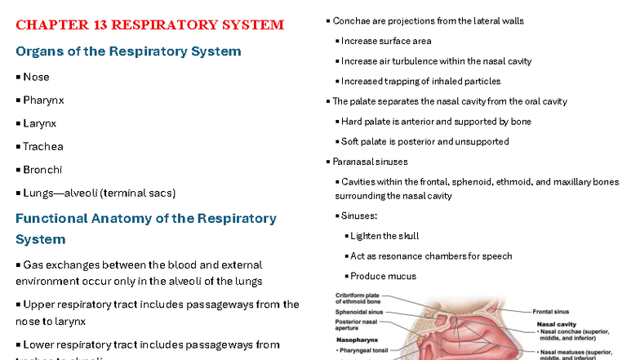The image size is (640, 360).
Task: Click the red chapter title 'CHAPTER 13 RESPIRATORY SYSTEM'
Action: pyautogui.click(x=149, y=24)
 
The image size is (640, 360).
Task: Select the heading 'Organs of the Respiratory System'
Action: pyautogui.click(x=128, y=51)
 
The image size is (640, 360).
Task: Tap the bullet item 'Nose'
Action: pyautogui.click(x=36, y=77)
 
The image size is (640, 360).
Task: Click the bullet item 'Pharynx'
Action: pyautogui.click(x=43, y=100)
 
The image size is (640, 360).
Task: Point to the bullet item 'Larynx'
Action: pyautogui.click(x=40, y=123)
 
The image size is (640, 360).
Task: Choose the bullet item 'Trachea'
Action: pyautogui.click(x=43, y=147)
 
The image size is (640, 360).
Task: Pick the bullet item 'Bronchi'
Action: pyautogui.click(x=42, y=170)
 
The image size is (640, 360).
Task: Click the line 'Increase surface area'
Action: pyautogui.click(x=386, y=41)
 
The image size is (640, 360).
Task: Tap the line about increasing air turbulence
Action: pyautogui.click(x=436, y=61)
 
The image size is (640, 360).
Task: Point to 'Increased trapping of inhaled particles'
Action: pyautogui.click(x=420, y=81)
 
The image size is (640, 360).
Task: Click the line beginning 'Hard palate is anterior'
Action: pyautogui.click(x=436, y=122)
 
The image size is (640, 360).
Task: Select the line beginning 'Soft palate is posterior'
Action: pyautogui.click(x=424, y=141)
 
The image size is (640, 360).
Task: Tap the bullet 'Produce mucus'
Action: pyautogui.click(x=383, y=276)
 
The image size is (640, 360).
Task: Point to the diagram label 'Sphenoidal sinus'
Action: pyautogui.click(x=360, y=311)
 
